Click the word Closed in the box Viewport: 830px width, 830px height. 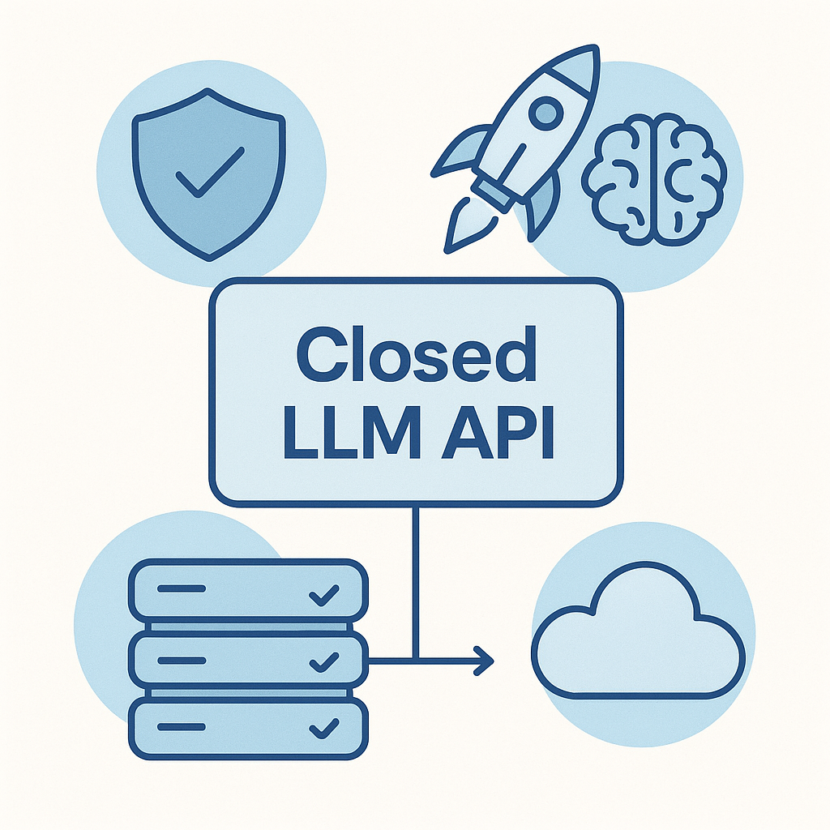(416, 354)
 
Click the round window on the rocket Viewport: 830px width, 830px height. (549, 111)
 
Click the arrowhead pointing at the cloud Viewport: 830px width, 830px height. (485, 660)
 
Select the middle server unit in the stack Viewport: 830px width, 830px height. (248, 660)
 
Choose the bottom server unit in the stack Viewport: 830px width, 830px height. (248, 727)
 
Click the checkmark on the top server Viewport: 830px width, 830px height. (324, 596)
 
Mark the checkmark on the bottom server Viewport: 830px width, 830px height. (324, 728)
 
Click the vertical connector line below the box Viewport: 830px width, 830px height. (415, 567)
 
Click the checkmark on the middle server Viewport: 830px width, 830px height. (324, 661)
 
